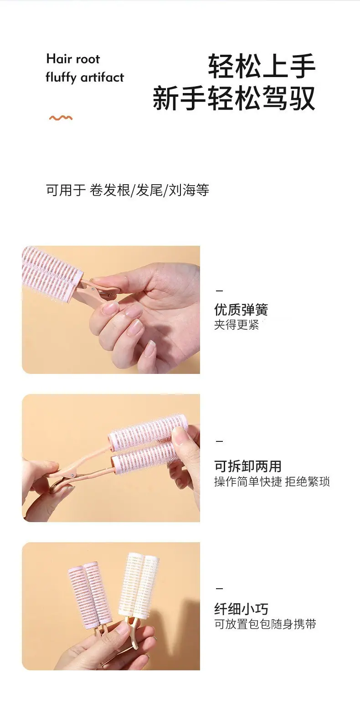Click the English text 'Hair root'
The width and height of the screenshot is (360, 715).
(x=73, y=59)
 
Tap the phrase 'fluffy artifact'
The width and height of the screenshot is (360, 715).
(x=85, y=77)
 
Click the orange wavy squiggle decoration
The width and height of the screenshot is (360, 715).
(x=61, y=118)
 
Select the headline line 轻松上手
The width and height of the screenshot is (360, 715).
(x=262, y=66)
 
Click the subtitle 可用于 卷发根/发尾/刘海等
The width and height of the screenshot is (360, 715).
(x=128, y=190)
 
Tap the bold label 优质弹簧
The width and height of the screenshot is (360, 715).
(x=241, y=309)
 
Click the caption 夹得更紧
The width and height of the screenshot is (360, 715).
(x=237, y=325)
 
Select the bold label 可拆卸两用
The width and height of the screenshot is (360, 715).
(x=248, y=466)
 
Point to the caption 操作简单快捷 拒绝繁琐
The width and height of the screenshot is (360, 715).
(x=272, y=482)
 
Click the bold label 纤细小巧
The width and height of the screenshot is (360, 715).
(x=241, y=609)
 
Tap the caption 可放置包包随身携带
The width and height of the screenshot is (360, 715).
(x=265, y=624)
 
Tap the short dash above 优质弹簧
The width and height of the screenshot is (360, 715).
(x=219, y=291)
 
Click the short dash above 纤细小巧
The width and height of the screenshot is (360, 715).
(x=219, y=588)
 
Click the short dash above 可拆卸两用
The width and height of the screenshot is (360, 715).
(x=219, y=441)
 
